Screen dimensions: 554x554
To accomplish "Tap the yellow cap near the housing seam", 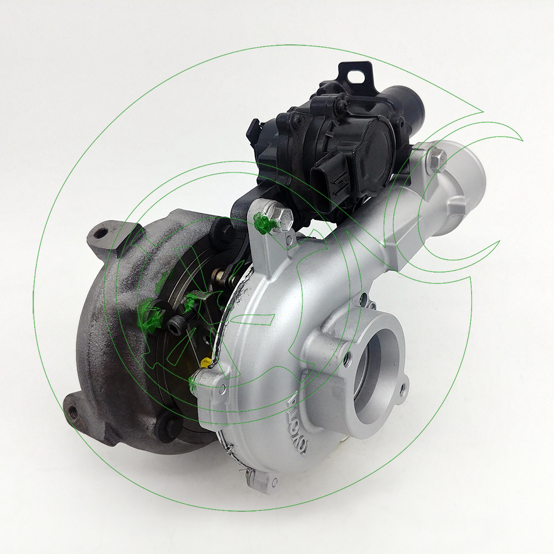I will [205, 363].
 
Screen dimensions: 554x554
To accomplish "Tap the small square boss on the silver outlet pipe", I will [455, 207].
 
